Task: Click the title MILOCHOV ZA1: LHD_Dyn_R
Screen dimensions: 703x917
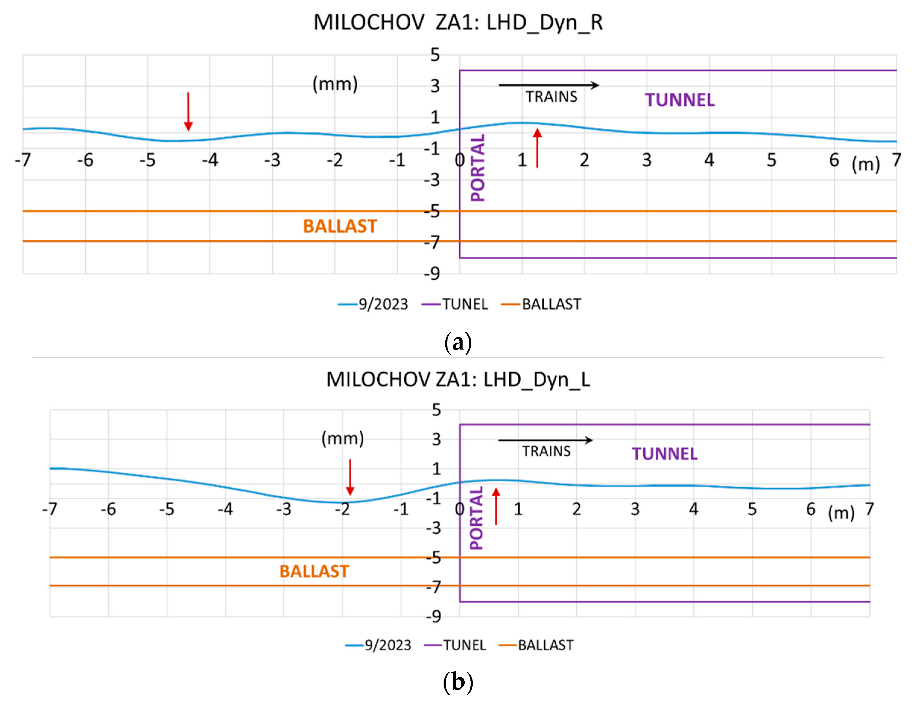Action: tap(458, 23)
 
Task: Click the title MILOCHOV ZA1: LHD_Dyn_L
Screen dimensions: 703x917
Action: tap(458, 379)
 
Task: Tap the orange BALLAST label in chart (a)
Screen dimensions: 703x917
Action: tap(340, 226)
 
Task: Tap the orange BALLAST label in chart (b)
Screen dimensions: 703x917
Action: tap(314, 571)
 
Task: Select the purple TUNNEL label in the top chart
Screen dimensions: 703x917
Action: tap(679, 100)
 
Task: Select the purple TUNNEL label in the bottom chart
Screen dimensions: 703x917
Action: tap(664, 454)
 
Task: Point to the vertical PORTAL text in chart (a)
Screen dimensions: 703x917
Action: tap(478, 167)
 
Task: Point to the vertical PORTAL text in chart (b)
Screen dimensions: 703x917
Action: tap(476, 518)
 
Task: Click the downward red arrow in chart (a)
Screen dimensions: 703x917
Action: tap(188, 111)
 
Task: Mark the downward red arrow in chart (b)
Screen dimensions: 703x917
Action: tap(350, 477)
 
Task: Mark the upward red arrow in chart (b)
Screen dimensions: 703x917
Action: tap(496, 506)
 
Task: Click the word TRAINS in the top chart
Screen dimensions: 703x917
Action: tap(551, 97)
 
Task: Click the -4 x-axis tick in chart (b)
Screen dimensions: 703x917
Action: tap(225, 509)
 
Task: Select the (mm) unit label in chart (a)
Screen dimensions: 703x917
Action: tap(335, 84)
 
